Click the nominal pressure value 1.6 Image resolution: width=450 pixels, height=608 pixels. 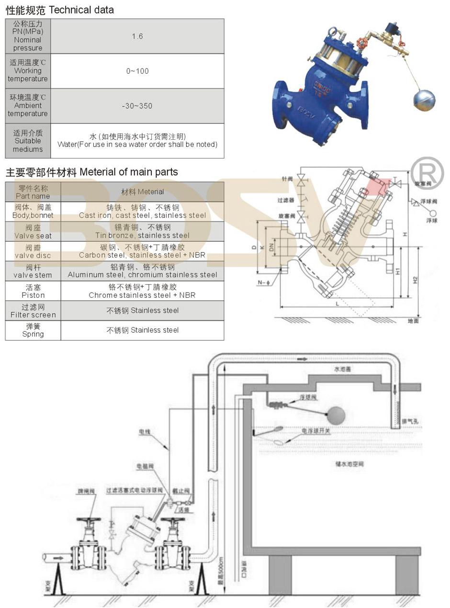point(137,36)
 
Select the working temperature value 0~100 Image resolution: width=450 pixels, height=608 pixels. point(137,71)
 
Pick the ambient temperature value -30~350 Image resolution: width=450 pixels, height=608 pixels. point(137,106)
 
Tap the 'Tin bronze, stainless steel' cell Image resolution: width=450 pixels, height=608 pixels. point(142,231)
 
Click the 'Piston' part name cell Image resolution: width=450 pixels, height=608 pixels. point(33,291)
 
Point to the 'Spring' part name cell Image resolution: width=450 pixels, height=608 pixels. point(33,330)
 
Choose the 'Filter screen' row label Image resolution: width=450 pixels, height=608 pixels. point(33,311)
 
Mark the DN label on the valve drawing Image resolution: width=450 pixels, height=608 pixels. point(271,247)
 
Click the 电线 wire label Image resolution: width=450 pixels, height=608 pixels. point(145,432)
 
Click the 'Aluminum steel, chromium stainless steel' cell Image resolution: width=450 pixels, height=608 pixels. point(142,271)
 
